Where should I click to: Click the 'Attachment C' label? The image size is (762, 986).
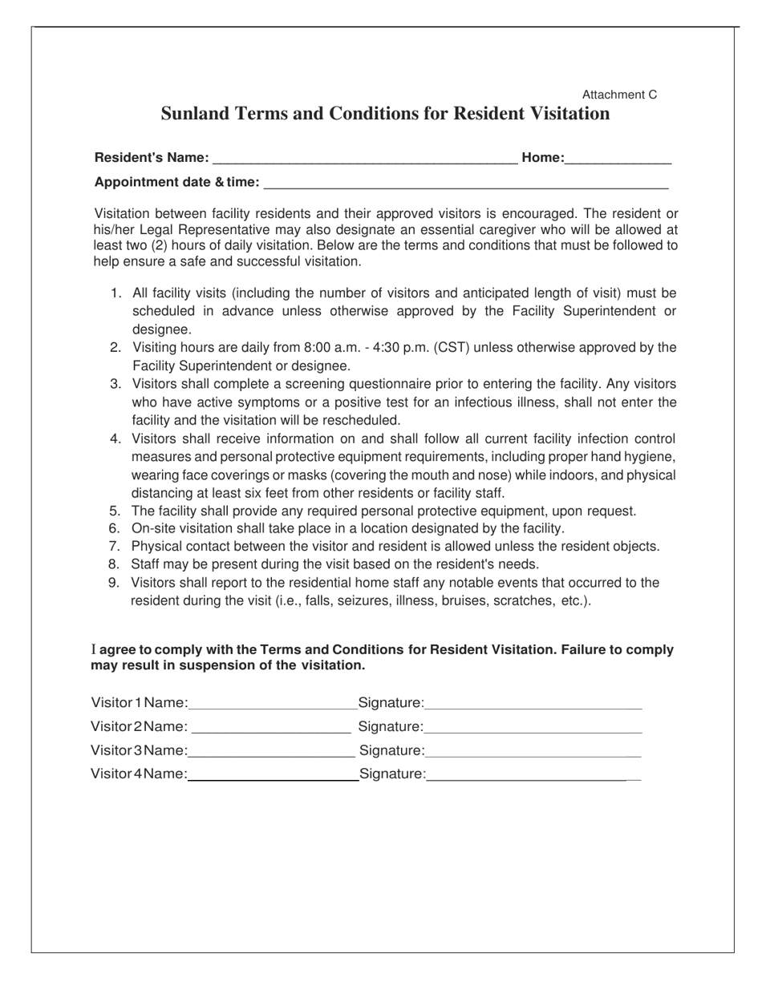click(619, 95)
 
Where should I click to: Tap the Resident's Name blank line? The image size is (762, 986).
click(366, 160)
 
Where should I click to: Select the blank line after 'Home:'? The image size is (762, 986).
click(618, 160)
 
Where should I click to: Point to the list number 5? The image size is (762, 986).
click(115, 511)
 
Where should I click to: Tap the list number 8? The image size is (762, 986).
click(115, 565)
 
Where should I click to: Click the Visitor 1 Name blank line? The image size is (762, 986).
click(273, 705)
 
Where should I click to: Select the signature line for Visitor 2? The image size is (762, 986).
click(533, 729)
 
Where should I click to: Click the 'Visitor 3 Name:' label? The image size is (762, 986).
click(140, 751)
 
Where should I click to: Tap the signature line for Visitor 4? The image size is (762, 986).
click(533, 775)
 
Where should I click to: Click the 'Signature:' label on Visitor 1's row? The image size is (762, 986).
click(391, 704)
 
